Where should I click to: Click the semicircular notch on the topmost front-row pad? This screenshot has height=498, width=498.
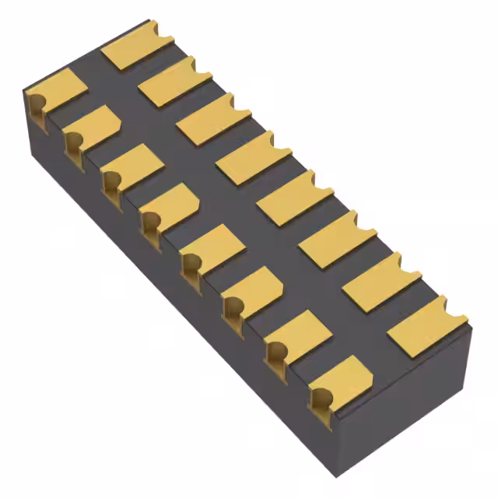35,100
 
